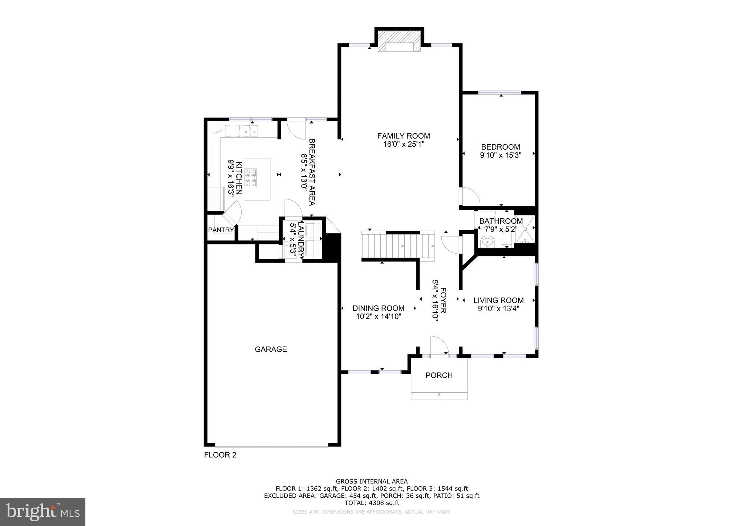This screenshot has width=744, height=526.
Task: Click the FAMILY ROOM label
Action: (x=403, y=136)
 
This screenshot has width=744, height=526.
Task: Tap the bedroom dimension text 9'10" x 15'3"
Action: (x=500, y=155)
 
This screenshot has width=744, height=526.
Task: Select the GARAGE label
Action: (x=271, y=349)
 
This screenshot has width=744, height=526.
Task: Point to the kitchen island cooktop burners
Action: (x=250, y=178)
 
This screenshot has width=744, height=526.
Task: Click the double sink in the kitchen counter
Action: (x=250, y=130)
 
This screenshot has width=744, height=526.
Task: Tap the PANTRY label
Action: (x=221, y=230)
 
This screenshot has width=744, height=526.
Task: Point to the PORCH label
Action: (x=439, y=375)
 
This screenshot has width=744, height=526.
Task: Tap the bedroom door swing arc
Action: (x=470, y=196)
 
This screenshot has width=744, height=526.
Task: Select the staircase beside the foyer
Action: (x=398, y=246)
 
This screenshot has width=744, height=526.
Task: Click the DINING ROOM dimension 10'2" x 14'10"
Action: (x=379, y=316)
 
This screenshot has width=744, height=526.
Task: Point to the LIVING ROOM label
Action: (x=498, y=300)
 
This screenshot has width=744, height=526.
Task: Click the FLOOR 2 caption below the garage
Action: (x=220, y=455)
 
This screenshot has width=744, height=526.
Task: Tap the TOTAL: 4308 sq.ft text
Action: (x=372, y=503)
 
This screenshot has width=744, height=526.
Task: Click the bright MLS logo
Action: (x=43, y=512)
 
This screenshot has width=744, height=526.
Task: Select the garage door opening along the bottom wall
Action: (x=271, y=444)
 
